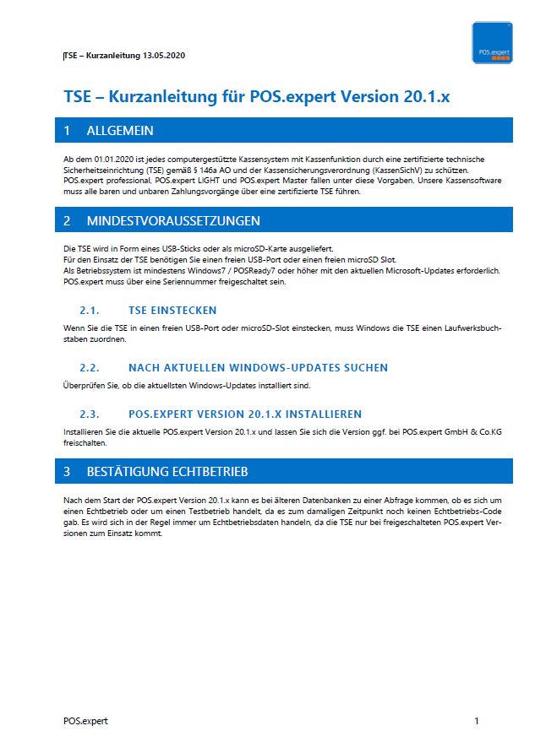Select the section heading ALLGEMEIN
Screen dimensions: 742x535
coord(120,131)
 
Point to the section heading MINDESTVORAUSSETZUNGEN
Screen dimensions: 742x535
coord(173,221)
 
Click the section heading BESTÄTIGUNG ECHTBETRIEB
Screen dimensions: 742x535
coord(167,471)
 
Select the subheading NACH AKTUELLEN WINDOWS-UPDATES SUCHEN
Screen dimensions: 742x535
coord(258,368)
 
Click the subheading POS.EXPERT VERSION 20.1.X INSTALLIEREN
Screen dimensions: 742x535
coord(245,414)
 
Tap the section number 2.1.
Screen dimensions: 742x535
coord(90,310)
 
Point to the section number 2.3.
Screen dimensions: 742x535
coord(90,414)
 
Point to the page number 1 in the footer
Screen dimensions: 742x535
coord(477,721)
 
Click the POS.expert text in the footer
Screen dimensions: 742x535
coord(85,721)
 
